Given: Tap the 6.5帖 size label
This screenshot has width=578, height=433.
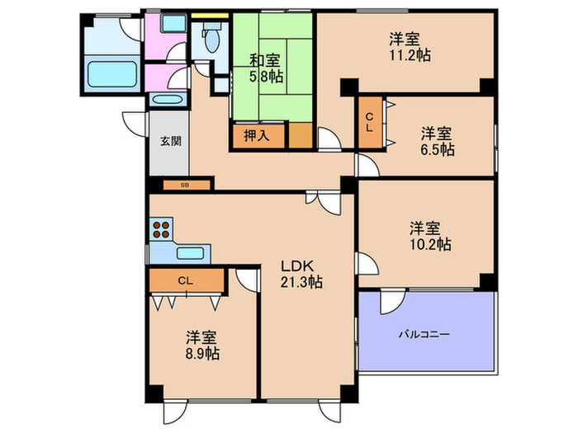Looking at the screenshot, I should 436,150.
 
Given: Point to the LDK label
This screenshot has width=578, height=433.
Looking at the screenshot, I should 295,266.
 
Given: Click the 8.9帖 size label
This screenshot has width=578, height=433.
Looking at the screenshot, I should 201,354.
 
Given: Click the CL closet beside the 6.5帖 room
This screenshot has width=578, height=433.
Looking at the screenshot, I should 370,122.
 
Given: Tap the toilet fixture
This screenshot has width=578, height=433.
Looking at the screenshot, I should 211,37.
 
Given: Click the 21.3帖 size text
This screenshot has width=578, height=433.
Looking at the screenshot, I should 301,282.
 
